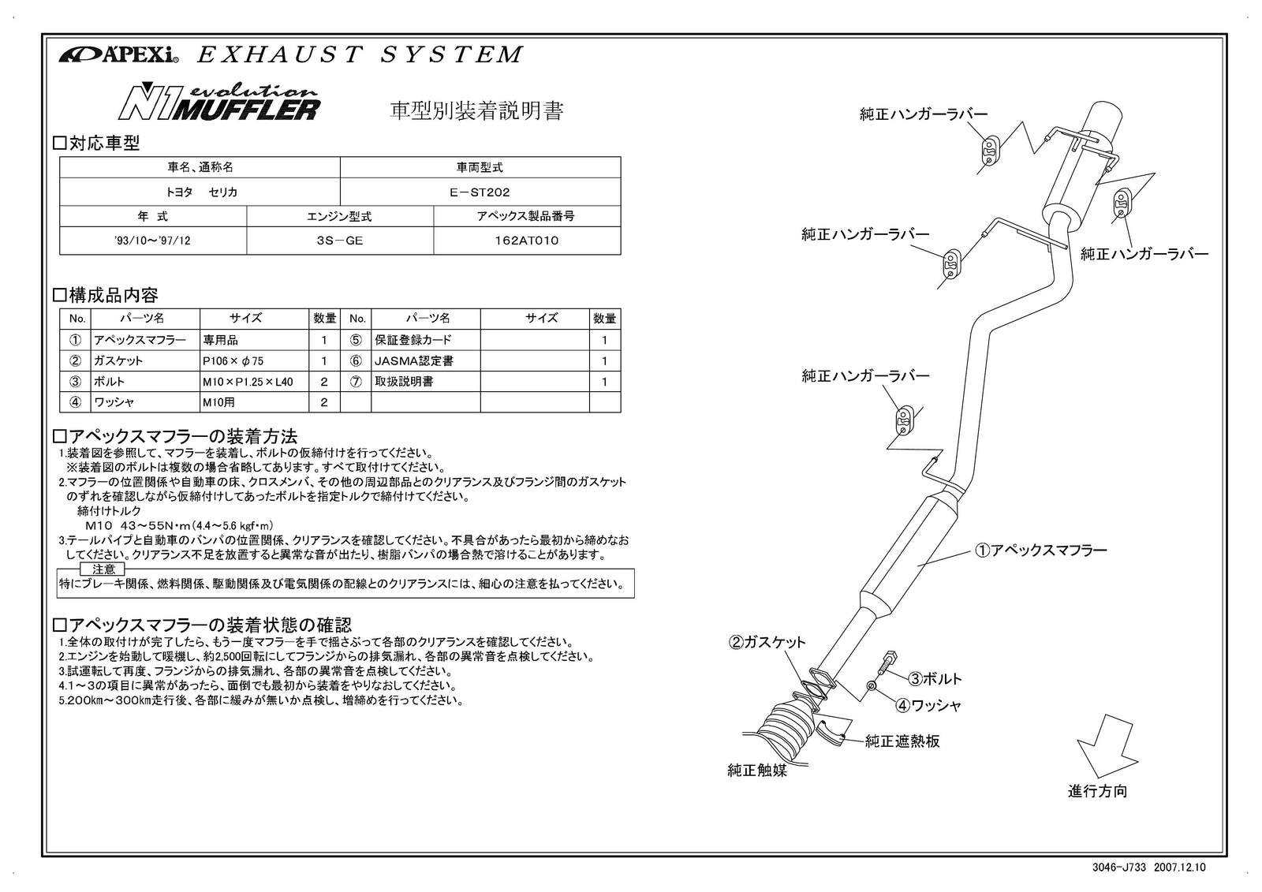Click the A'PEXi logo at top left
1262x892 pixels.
(x=118, y=55)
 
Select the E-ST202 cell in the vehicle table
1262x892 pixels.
(x=480, y=192)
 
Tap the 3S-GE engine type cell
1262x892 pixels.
(x=339, y=241)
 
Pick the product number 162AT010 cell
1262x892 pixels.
(x=526, y=241)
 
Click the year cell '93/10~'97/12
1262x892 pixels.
(x=152, y=241)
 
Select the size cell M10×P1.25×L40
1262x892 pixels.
(x=247, y=382)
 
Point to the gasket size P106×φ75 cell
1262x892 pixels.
(x=233, y=361)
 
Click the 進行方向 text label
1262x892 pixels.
(x=1097, y=791)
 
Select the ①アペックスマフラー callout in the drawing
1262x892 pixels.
(x=1040, y=551)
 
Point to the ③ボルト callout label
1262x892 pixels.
(x=935, y=678)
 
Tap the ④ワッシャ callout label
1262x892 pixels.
(x=929, y=705)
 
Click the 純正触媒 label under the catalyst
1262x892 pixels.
(x=756, y=771)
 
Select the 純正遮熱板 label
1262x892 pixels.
(x=902, y=741)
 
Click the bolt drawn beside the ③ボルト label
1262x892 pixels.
(x=889, y=663)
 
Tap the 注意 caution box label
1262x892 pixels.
(x=103, y=569)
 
